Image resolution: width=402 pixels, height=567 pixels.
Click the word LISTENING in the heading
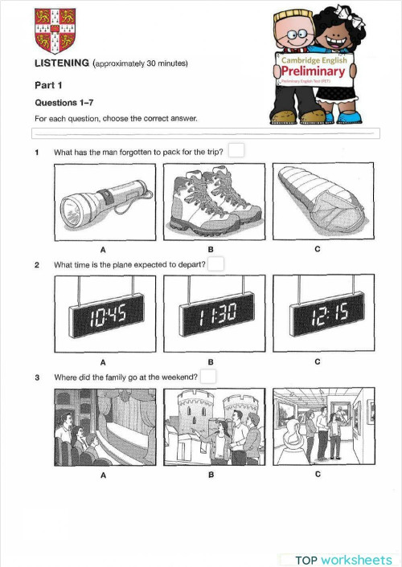tap(62, 63)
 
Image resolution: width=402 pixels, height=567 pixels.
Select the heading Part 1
tap(47, 84)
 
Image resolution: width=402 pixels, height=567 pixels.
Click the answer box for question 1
tap(236, 150)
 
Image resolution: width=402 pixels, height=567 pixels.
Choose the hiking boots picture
tap(212, 202)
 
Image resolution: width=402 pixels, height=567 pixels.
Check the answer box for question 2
tap(216, 263)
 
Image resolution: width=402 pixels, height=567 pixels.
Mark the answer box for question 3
tap(208, 376)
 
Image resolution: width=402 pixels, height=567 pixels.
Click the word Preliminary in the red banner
tap(313, 71)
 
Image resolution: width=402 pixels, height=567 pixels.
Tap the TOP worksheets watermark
tap(343, 559)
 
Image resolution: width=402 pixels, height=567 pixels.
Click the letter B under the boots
tap(211, 249)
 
